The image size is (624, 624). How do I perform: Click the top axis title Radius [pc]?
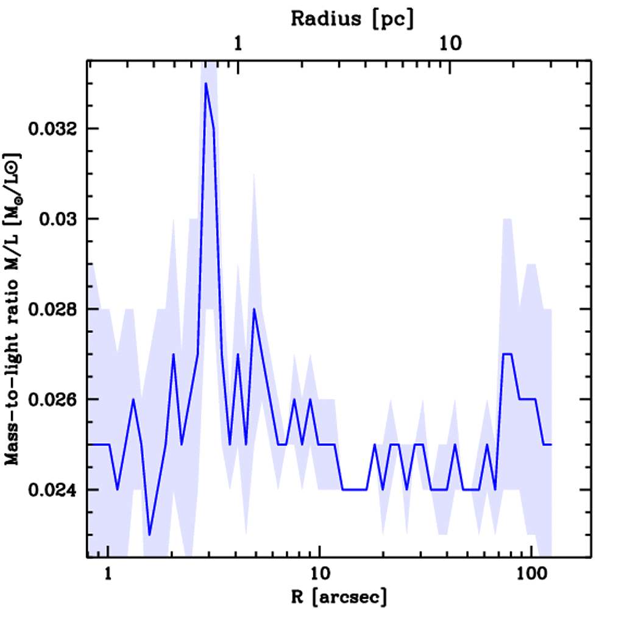click(x=352, y=18)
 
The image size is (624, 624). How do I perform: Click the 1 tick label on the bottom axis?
click(x=108, y=573)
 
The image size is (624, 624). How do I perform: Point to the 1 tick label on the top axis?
click(x=238, y=44)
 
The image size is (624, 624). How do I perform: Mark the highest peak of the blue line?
click(x=206, y=83)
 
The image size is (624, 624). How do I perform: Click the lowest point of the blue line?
click(x=149, y=534)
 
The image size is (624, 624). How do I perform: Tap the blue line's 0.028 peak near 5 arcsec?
click(x=254, y=310)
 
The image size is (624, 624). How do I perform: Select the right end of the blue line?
click(x=551, y=445)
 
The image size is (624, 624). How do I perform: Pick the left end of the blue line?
click(x=89, y=445)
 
